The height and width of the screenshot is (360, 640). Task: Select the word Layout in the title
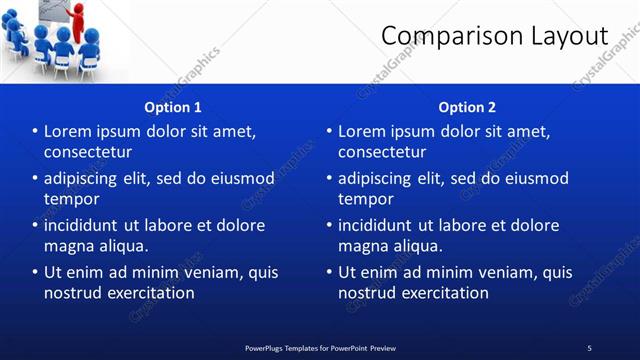[567, 36]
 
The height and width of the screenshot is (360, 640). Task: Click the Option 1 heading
[173, 107]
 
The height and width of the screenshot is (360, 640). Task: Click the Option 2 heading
[467, 107]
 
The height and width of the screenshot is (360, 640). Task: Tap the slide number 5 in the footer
[589, 347]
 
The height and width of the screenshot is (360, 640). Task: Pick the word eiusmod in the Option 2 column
[536, 178]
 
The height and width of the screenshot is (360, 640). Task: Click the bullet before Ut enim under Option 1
[34, 272]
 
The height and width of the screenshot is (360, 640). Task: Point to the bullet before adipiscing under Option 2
[328, 178]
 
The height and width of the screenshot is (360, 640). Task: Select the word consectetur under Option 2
[382, 152]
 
